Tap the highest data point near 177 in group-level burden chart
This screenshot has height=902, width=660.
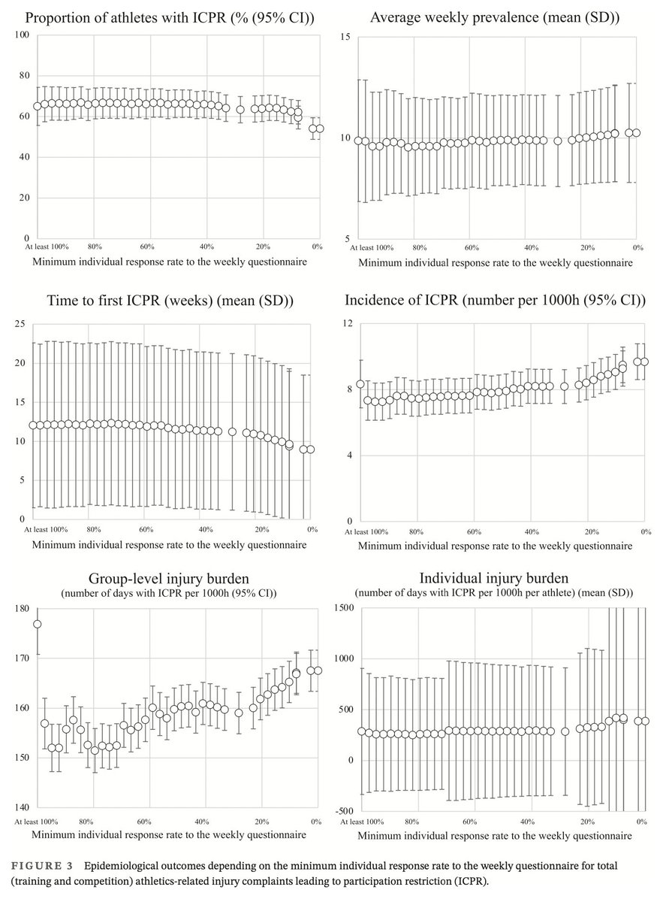click(x=37, y=624)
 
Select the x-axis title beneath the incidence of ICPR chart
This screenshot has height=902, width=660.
click(x=493, y=544)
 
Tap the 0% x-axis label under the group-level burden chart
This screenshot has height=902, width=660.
click(x=316, y=821)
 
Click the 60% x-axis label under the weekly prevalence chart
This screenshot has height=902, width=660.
click(x=472, y=247)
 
